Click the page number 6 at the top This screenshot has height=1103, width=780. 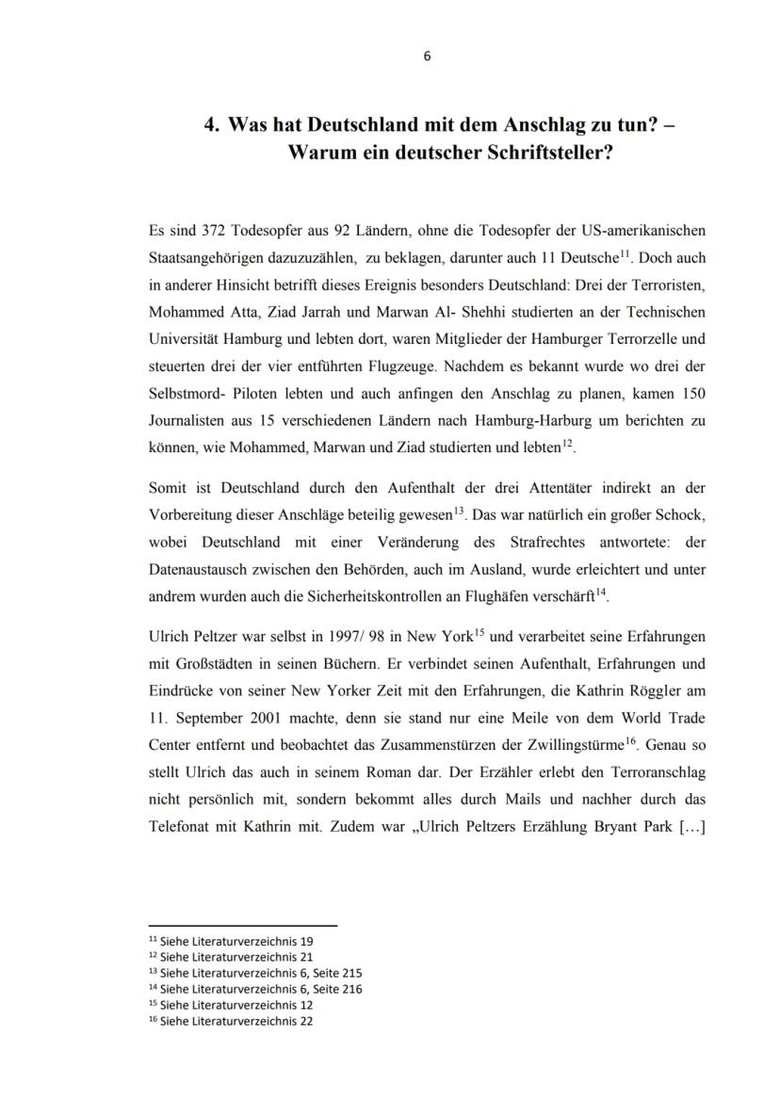(427, 56)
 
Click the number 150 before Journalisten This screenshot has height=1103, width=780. (691, 394)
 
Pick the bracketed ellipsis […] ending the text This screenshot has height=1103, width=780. (691, 825)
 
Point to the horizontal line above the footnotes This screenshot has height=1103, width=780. (243, 926)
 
